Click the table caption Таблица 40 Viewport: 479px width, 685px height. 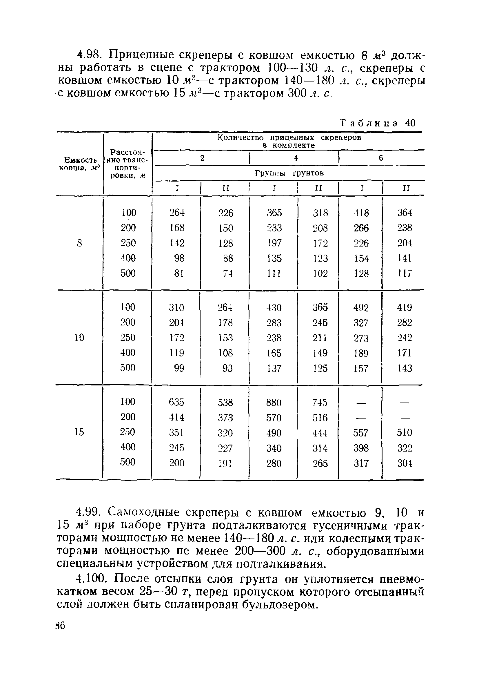tap(378, 123)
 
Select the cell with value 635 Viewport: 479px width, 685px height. tap(176, 402)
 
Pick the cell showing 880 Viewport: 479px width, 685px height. tap(274, 403)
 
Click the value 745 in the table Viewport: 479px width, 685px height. tap(320, 403)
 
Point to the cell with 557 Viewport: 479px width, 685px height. tap(361, 433)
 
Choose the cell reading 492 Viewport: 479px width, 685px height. tap(361, 308)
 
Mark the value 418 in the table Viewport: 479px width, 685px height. tap(361, 213)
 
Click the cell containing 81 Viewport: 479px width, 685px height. tap(179, 273)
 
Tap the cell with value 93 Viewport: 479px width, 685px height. tap(227, 368)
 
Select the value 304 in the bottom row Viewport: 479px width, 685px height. tap(405, 463)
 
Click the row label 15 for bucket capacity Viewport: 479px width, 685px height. tap(79, 432)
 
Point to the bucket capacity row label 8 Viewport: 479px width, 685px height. tap(79, 243)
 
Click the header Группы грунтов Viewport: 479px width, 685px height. tap(289, 173)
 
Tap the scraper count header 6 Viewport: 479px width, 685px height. tap(381, 158)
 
